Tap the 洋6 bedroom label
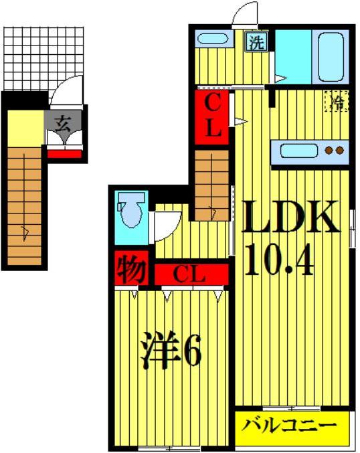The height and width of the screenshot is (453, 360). click(171, 353)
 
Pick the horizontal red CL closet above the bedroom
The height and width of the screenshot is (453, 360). click(191, 274)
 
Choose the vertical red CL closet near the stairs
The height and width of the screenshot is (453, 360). click(213, 115)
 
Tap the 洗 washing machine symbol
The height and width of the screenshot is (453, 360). click(256, 43)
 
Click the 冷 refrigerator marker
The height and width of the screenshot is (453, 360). click(338, 101)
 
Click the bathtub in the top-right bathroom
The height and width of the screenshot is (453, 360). click(330, 55)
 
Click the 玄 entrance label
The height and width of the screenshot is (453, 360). click(64, 123)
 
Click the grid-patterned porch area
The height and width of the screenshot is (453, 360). click(44, 58)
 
